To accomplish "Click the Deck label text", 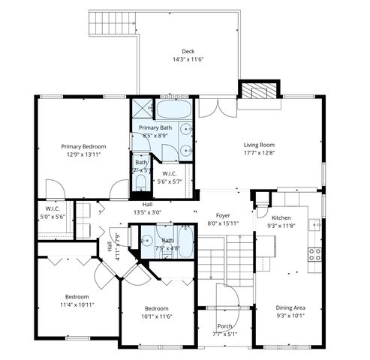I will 177,52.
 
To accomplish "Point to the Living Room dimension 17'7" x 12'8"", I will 259,154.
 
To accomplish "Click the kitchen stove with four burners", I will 316,255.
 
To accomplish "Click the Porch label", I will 224,326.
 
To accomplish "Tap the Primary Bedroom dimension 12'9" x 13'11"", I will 83,154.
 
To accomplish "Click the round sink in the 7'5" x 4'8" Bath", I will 147,241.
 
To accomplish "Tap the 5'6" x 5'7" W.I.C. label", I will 169,177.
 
